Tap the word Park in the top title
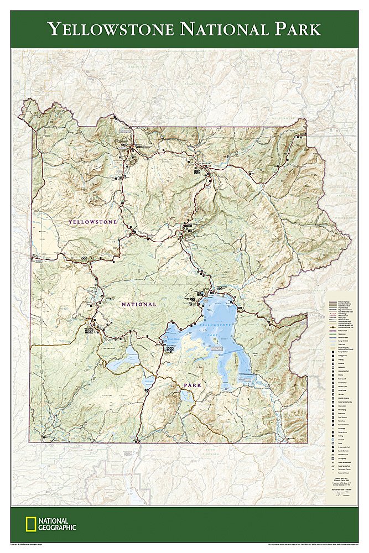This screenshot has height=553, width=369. pyautogui.click(x=293, y=29)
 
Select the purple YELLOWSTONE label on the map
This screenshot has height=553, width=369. pyautogui.click(x=93, y=222)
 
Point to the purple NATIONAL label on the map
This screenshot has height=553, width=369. pyautogui.click(x=139, y=304)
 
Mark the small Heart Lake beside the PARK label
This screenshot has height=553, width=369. pyautogui.click(x=187, y=397)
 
